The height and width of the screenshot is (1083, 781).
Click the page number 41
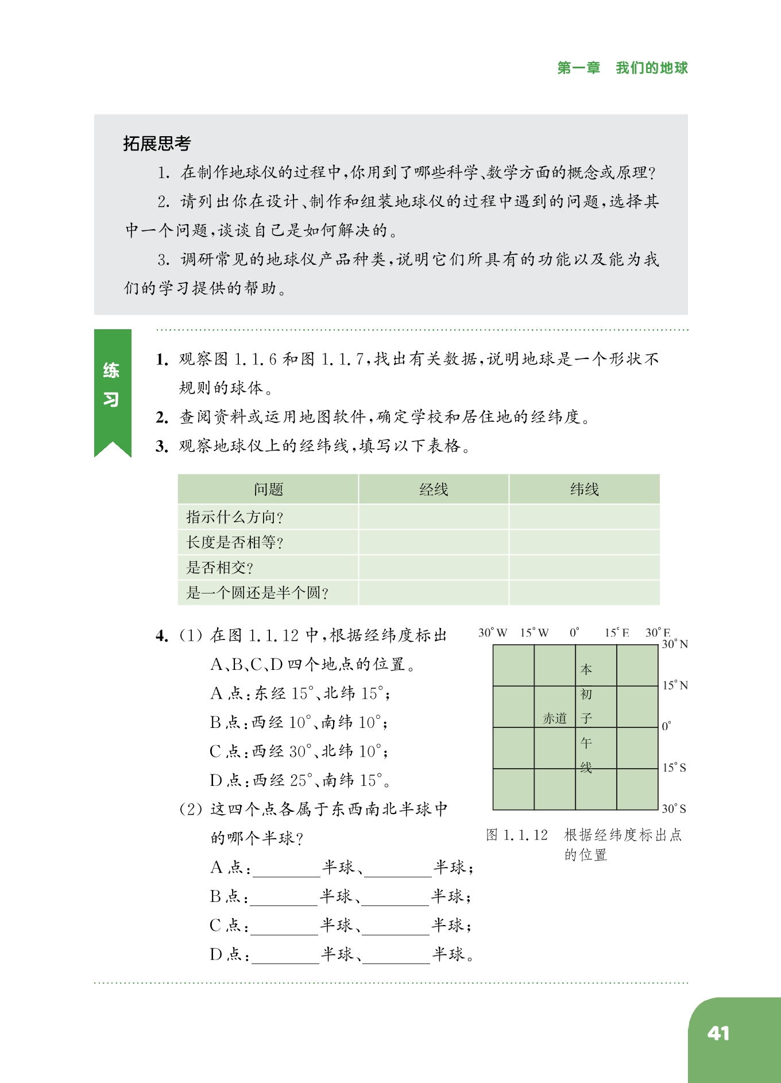click(x=718, y=1033)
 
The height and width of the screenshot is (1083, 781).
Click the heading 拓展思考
click(x=156, y=144)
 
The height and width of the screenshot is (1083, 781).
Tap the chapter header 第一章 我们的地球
click(x=622, y=68)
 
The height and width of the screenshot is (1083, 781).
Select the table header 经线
click(x=434, y=490)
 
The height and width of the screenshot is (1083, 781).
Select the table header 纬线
click(x=584, y=490)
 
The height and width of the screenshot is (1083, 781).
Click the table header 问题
click(x=268, y=490)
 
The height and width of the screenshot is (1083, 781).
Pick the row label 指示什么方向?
click(x=234, y=517)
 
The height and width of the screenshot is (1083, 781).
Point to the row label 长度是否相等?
click(x=234, y=542)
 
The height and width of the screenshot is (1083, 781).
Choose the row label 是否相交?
click(x=219, y=568)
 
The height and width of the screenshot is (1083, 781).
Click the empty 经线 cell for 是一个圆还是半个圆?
click(x=434, y=592)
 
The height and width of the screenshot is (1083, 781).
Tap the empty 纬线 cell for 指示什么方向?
click(x=584, y=517)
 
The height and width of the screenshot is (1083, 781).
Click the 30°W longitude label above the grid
click(x=493, y=633)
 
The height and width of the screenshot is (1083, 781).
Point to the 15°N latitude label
click(x=675, y=685)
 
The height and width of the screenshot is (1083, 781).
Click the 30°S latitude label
click(x=674, y=809)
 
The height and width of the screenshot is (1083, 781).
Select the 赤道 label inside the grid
click(x=555, y=718)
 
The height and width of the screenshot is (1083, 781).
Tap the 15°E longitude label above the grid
click(x=617, y=633)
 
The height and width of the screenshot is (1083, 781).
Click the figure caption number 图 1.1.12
click(x=517, y=835)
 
